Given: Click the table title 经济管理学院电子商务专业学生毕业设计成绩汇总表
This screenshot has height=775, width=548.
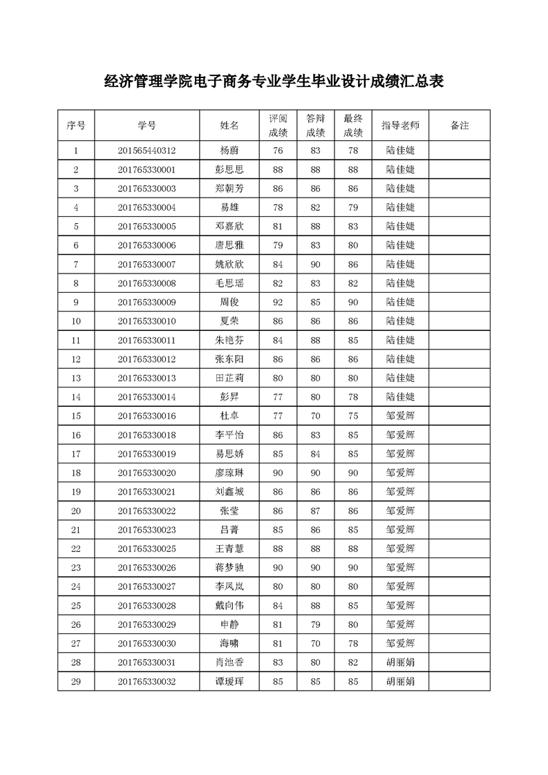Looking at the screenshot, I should [x=274, y=82].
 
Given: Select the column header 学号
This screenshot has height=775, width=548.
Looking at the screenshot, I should [x=147, y=126].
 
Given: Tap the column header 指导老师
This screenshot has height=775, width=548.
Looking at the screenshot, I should [x=400, y=126].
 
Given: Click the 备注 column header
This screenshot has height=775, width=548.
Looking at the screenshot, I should [x=460, y=126].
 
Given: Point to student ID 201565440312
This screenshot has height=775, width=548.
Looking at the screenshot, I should [x=147, y=151].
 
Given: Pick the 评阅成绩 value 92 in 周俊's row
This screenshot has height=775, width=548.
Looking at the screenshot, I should [x=278, y=302].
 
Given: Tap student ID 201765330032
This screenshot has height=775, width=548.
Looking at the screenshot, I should [x=147, y=681].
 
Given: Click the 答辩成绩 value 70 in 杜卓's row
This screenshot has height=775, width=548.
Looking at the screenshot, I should [x=315, y=416].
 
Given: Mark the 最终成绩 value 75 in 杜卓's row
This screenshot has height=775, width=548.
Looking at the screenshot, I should [x=353, y=416].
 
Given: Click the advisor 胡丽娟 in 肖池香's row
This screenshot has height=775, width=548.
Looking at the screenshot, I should [x=400, y=662].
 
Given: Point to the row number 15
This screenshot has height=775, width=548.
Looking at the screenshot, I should [x=76, y=416].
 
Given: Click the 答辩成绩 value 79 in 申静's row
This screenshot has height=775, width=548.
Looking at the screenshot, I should [x=315, y=624].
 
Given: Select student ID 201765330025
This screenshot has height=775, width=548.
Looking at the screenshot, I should [x=147, y=548].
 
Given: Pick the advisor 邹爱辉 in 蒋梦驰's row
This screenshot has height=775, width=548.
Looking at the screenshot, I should [x=400, y=567].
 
